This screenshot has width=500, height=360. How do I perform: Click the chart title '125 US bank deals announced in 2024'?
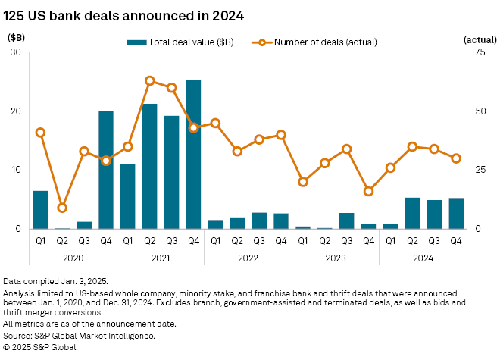click(x=124, y=14)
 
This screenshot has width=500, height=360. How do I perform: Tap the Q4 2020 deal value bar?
click(x=106, y=170)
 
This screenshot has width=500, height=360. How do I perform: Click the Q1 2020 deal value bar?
click(x=41, y=209)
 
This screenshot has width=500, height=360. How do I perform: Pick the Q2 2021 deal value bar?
click(x=150, y=166)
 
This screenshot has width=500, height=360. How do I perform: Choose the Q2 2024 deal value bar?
click(x=412, y=213)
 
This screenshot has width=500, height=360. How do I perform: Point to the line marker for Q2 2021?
click(x=150, y=80)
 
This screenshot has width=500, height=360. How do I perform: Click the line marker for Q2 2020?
click(x=63, y=208)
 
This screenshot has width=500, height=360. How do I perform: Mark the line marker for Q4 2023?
click(x=369, y=191)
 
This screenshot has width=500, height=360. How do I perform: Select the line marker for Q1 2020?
click(x=41, y=133)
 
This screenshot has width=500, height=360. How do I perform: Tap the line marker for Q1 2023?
click(x=303, y=182)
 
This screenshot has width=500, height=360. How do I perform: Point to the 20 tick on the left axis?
click(x=16, y=111)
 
